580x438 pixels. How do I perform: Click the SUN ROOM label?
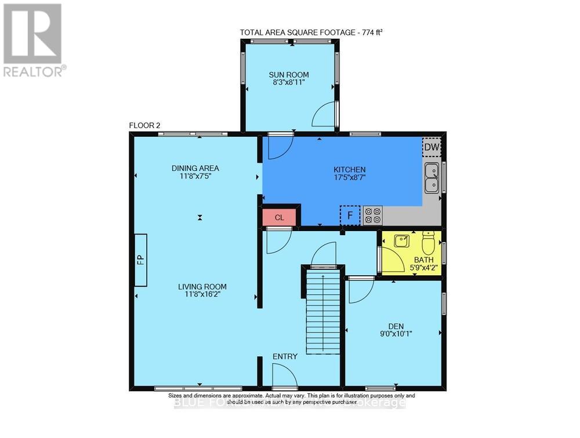coord(288,75)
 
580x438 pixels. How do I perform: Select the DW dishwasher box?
coord(431,148)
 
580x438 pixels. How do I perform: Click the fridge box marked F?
coord(350,215)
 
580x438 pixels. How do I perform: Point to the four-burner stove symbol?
coord(373,216)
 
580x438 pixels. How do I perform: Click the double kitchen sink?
coord(432,178)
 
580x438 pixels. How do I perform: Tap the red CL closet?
coord(279,217)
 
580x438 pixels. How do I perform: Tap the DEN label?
coord(393,324)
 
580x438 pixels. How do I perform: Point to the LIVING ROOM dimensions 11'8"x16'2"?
coord(202,294)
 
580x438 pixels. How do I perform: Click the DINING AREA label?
coord(195,168)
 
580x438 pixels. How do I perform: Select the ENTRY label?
coord(286,356)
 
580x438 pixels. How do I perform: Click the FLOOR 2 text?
coord(144,126)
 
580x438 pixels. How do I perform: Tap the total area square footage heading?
coord(311,32)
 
